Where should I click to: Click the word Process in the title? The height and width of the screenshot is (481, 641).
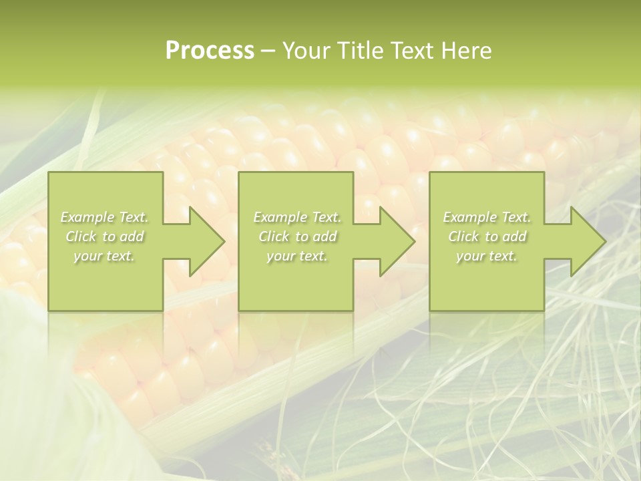pos(210,51)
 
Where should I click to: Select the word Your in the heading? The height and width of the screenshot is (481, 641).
pos(308,51)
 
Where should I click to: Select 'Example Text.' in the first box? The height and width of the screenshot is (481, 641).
pos(105,217)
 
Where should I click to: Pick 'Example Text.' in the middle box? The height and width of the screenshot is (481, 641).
pos(297,217)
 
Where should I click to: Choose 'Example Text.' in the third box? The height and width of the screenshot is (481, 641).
pos(487,217)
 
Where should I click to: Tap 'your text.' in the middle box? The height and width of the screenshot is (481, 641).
pos(296,256)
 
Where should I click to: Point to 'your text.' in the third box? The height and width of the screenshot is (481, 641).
pos(486,256)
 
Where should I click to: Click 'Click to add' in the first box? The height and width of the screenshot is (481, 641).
pos(105,236)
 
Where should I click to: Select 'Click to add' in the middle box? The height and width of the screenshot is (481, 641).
pos(297,236)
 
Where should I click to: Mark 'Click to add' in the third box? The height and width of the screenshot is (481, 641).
pos(487,236)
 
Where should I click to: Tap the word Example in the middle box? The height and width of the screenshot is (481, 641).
pos(280,217)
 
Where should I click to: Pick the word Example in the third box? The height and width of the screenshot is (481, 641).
pos(469,217)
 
